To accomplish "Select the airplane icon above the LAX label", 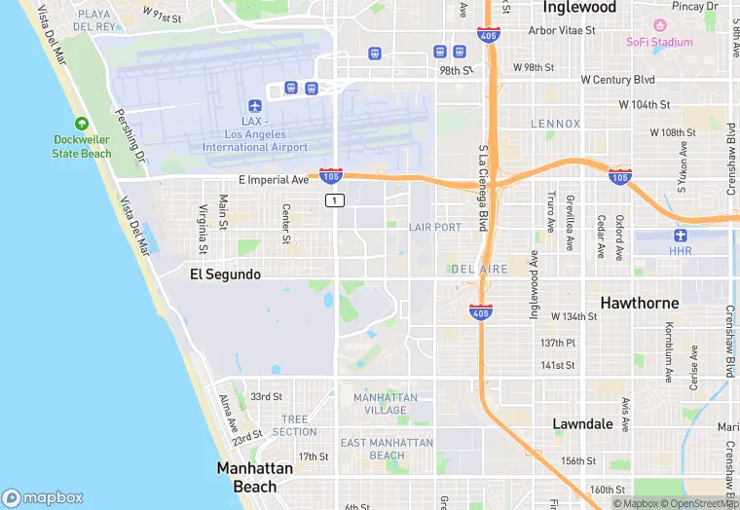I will click(x=255, y=105).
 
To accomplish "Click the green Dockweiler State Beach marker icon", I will click(x=82, y=124).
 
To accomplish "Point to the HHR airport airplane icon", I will click(x=680, y=236).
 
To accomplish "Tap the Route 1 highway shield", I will click(x=334, y=200).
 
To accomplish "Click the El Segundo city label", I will click(x=225, y=274).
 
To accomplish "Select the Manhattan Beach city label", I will click(x=254, y=477).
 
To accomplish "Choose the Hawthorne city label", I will click(x=639, y=303).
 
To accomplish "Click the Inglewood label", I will click(x=579, y=8).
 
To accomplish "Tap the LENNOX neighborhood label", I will click(x=555, y=124).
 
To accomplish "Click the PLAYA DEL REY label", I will click(x=94, y=20).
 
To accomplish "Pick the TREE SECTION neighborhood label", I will click(x=294, y=425).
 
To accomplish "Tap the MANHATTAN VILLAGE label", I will click(x=386, y=404).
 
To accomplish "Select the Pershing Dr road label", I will click(x=129, y=135).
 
